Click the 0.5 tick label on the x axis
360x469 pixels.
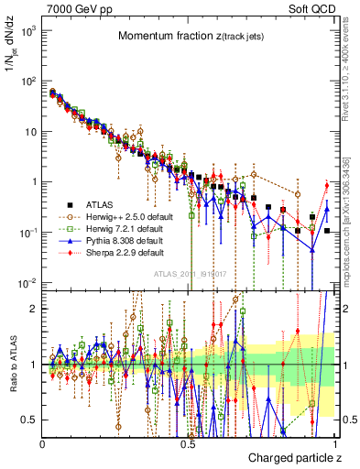point(189,443)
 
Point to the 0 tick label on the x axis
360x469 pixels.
point(43,443)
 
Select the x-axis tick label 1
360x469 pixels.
point(333,443)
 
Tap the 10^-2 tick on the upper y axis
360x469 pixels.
point(29,281)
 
